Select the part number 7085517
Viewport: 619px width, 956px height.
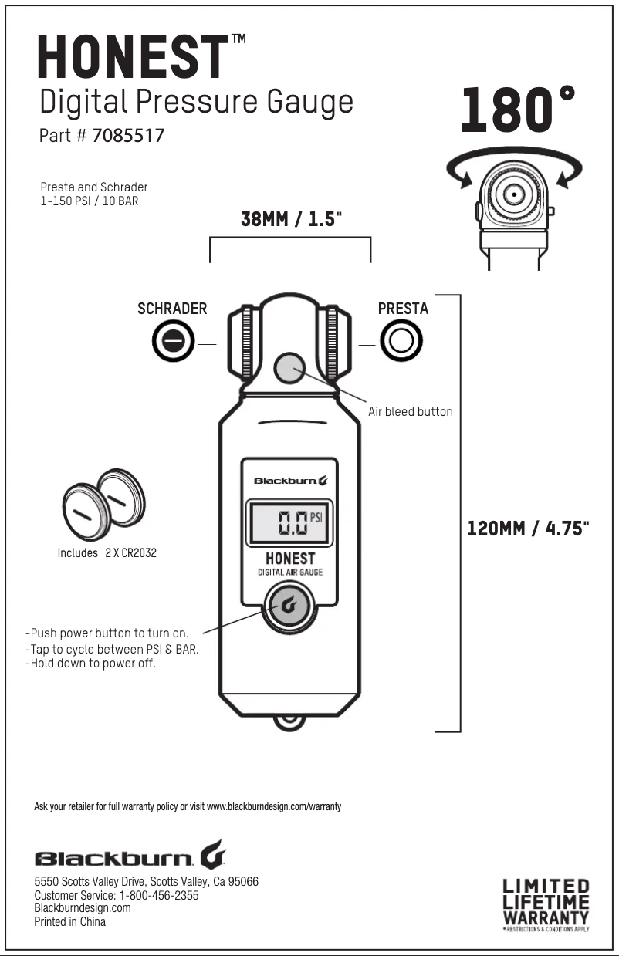[x=128, y=136]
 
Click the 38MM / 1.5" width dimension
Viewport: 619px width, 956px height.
[x=291, y=218]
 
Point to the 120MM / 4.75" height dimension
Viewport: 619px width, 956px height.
[x=529, y=529]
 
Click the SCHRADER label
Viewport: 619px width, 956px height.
[x=172, y=309]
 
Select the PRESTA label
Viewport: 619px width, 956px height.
[x=403, y=309]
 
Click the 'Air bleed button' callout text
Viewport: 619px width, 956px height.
[x=410, y=412]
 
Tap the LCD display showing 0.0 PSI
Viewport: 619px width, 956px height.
[x=290, y=522]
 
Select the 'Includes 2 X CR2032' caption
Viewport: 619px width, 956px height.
[x=107, y=553]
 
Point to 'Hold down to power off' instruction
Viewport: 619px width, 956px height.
[x=90, y=664]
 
